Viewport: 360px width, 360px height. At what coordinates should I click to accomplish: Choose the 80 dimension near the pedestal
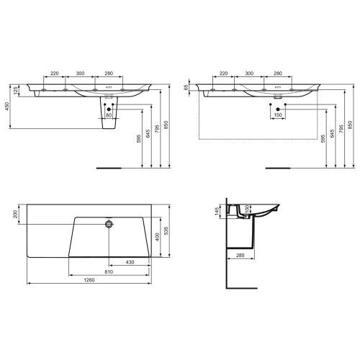[109, 114]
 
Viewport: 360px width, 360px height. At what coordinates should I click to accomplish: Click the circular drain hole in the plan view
[109, 224]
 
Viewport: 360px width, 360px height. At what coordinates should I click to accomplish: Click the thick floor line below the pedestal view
[109, 168]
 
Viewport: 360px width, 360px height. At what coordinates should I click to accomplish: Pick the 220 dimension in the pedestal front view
[55, 74]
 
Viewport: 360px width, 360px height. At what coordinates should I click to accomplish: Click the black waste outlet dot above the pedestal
[109, 108]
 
